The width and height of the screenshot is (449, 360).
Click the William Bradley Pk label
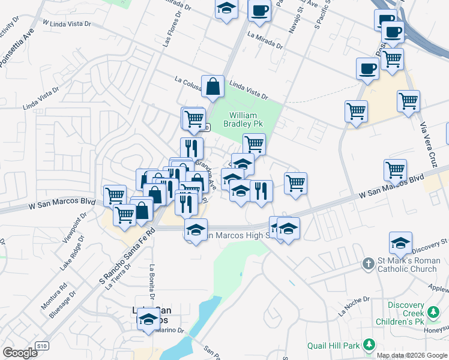click(x=244, y=119)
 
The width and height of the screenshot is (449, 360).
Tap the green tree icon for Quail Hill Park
click(x=369, y=345)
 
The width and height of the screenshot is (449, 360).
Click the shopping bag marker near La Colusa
click(x=212, y=88)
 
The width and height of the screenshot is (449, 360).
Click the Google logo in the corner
click(x=20, y=353)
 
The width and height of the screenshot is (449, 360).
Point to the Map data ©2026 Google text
click(x=412, y=355)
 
